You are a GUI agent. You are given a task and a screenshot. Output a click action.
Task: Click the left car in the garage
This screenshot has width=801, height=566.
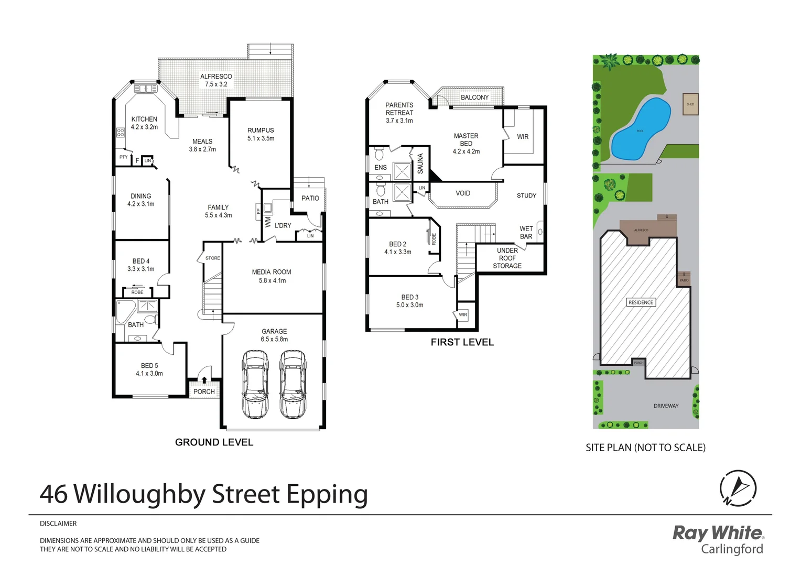point(255,384)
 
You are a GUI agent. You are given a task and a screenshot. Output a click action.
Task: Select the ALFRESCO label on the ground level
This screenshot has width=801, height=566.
point(216,77)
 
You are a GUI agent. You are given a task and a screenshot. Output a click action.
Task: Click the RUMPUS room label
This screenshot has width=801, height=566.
point(261,130)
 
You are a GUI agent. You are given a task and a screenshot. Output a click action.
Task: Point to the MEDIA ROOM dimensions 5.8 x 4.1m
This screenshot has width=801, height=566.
point(272,281)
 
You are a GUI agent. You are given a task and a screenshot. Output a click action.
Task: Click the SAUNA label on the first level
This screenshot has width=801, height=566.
point(420,164)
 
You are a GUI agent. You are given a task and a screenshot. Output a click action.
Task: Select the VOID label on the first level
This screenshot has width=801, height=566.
point(463,193)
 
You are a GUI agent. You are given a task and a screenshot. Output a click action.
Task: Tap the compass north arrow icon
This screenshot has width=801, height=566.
point(738,488)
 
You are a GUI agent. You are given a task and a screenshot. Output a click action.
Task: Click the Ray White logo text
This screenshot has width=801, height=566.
point(718,533)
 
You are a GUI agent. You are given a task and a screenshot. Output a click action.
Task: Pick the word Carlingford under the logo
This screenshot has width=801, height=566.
point(732,549)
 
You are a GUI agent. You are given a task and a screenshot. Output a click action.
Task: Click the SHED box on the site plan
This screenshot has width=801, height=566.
point(690,104)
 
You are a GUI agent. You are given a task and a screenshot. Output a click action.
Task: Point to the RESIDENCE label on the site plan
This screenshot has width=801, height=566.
point(641,302)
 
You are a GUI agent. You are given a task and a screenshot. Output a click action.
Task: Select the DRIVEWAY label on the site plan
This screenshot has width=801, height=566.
point(666,406)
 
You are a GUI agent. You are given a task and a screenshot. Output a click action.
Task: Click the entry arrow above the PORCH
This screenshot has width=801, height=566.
point(204,380)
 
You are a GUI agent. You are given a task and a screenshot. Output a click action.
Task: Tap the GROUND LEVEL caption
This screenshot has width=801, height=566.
point(214,442)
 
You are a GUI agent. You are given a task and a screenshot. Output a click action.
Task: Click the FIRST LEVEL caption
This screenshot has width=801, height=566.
point(462,342)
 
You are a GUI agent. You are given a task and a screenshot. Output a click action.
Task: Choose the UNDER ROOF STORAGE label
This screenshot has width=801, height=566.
point(507,258)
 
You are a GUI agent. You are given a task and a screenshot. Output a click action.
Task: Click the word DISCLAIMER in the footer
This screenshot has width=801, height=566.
point(58,524)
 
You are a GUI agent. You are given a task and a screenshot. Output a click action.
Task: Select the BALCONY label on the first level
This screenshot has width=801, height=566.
point(474,97)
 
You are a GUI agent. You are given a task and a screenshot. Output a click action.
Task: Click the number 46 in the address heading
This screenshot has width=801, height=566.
point(53,494)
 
